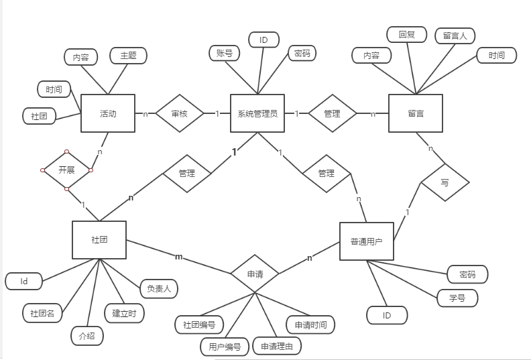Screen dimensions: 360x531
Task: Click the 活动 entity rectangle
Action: (108, 113)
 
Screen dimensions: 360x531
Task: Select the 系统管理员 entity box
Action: (257, 113)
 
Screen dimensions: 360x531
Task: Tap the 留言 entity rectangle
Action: (416, 113)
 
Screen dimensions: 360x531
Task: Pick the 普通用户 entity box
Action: (367, 241)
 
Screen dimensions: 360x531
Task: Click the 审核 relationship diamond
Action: (180, 114)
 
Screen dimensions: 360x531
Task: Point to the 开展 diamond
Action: (66, 170)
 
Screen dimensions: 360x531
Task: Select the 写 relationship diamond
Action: (445, 181)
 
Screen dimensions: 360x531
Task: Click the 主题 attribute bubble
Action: (128, 56)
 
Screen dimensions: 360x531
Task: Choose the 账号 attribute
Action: (225, 53)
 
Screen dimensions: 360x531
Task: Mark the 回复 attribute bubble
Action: (407, 34)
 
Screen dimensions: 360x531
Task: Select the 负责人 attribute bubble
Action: (158, 289)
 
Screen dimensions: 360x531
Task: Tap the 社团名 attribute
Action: (42, 312)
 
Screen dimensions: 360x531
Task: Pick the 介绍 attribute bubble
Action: (87, 335)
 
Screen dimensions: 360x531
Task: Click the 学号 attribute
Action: (458, 298)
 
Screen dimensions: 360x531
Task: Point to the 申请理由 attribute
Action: (277, 346)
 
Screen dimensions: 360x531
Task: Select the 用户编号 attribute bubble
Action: (225, 346)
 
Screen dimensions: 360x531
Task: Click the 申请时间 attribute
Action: (310, 324)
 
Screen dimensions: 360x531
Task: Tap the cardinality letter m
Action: (178, 257)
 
